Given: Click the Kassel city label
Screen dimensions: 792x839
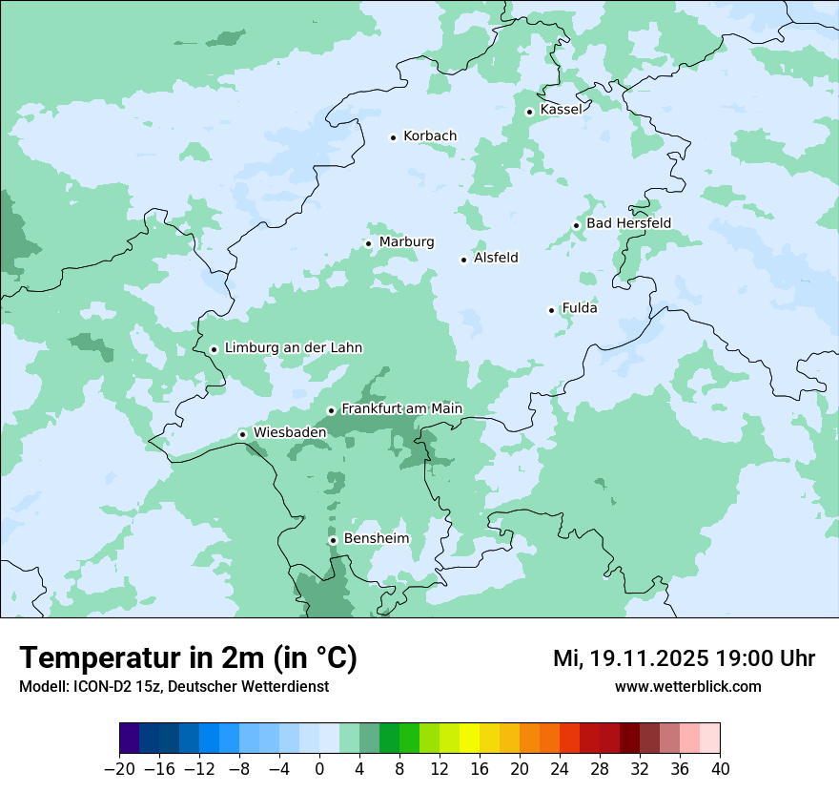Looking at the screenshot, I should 561,110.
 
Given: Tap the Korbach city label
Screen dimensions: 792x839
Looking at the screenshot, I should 430,136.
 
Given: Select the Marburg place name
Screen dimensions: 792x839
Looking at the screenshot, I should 406,242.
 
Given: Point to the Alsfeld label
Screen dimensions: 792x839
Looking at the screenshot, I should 496,258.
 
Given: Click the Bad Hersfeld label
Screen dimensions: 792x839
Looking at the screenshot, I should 628,223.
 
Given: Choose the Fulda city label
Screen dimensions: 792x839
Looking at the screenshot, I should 580,308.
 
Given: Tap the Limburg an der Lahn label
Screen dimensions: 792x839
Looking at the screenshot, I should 294,348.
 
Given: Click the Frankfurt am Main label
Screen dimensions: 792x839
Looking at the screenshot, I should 401,409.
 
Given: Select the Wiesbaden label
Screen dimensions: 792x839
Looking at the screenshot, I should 290,432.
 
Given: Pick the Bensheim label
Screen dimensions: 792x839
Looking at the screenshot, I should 376,539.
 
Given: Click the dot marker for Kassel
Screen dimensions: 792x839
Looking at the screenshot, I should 529,112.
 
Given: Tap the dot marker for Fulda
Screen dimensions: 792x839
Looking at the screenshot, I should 551,310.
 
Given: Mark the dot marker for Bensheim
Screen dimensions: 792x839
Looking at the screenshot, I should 333,540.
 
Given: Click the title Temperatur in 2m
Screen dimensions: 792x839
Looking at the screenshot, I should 188,658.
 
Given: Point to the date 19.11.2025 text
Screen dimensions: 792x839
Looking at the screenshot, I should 648,658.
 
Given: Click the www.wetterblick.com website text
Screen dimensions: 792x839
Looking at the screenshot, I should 687,687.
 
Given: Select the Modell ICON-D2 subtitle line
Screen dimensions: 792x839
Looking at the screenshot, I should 174,687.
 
